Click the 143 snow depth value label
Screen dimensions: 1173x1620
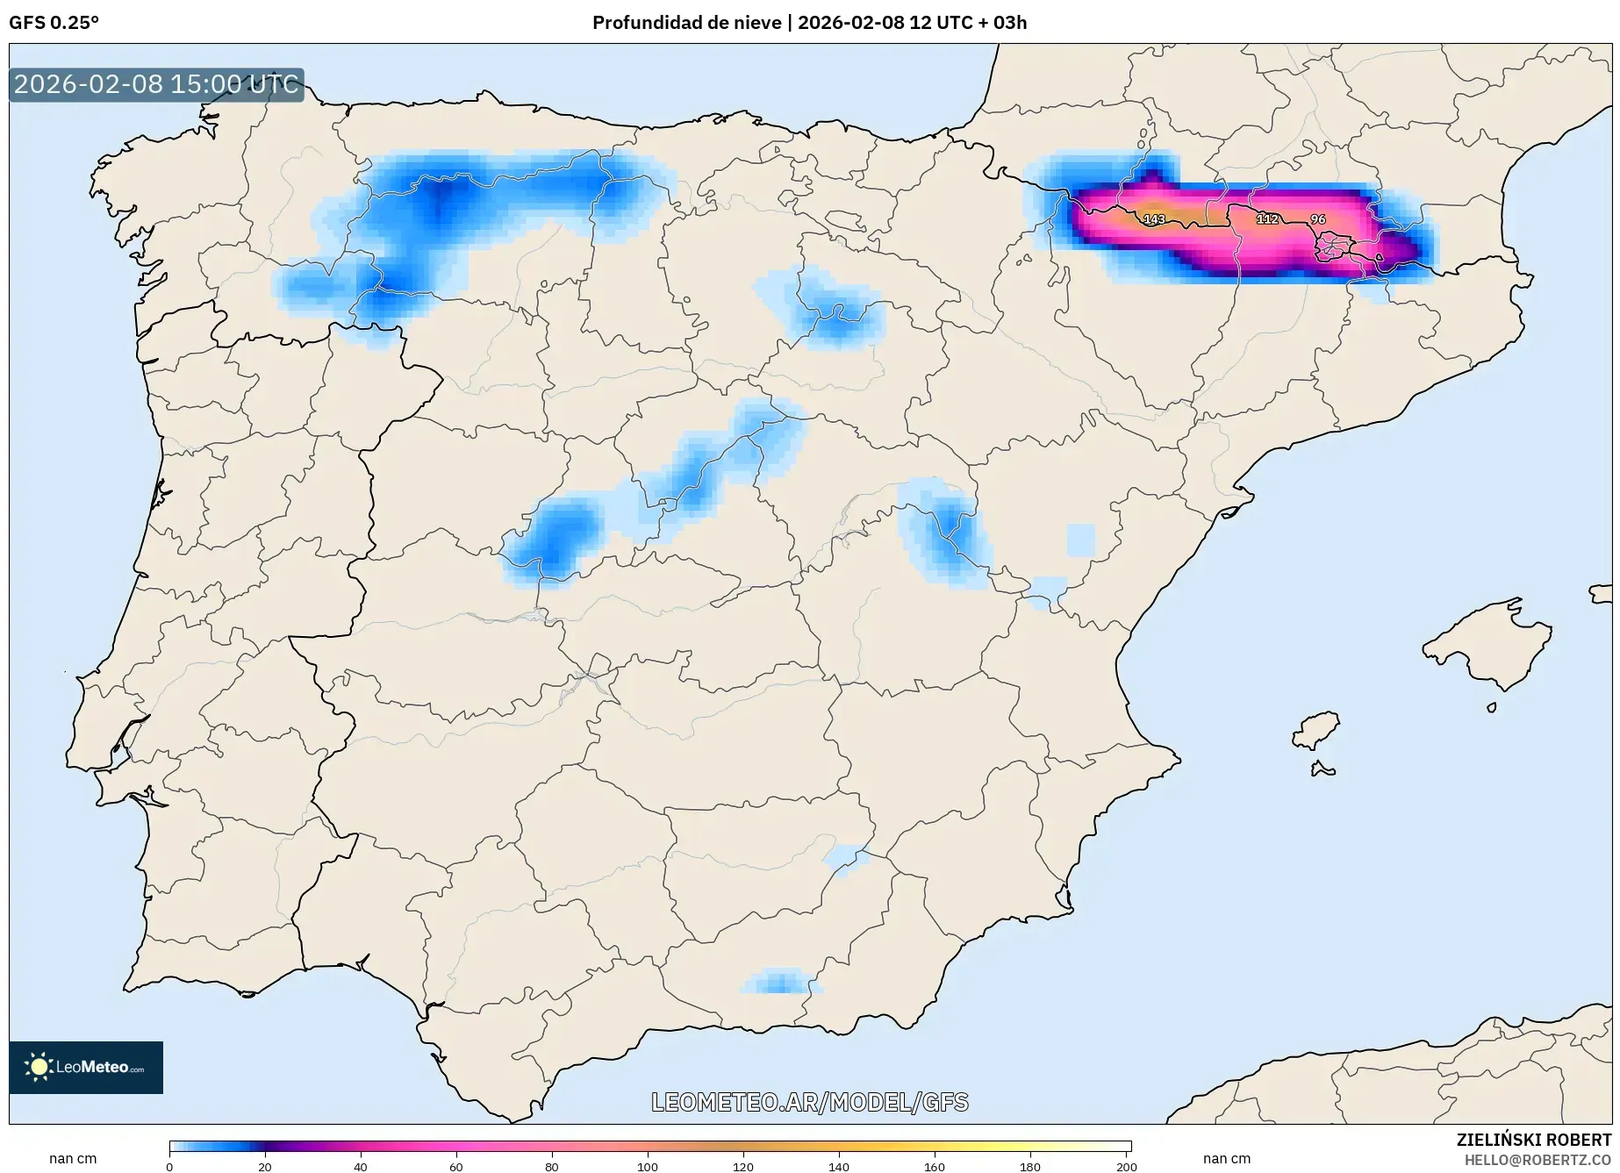pos(1154,219)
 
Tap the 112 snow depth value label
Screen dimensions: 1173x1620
pos(1267,218)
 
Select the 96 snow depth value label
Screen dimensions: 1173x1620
pos(1317,219)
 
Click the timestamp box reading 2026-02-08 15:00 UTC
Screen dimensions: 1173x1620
pos(156,84)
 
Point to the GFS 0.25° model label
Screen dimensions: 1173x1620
pos(54,23)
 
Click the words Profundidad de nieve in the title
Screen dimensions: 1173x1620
pos(686,23)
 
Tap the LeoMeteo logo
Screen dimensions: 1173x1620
pos(86,1067)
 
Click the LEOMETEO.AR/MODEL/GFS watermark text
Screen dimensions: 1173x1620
pos(809,1102)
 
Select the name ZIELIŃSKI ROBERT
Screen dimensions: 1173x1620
pos(1533,1141)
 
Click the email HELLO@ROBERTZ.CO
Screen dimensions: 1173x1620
pos(1538,1160)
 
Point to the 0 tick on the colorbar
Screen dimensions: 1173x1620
pos(169,1166)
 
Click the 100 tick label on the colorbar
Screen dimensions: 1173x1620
pos(648,1166)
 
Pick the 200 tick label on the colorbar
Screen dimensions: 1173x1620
pos(1126,1166)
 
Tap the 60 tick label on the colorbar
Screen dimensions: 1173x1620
pos(456,1166)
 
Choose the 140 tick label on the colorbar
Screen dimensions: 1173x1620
pos(839,1166)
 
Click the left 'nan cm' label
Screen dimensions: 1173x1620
pos(73,1158)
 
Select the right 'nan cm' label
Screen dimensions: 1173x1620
pos(1226,1158)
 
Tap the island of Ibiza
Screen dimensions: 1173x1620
pos(1316,730)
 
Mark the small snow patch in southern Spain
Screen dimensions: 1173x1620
pos(778,982)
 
